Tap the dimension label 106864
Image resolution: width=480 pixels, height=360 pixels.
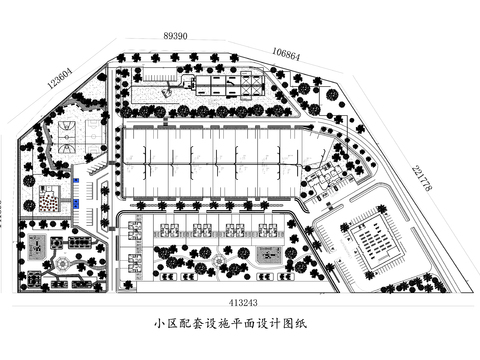click(x=286, y=54)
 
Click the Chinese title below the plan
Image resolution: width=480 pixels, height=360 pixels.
click(x=237, y=324)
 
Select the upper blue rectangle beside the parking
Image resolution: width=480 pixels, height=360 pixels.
click(x=76, y=182)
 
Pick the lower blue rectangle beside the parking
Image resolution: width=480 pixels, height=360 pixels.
click(x=75, y=201)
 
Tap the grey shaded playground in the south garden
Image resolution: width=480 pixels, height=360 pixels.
click(x=268, y=254)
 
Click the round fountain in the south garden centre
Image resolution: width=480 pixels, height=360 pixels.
click(x=219, y=262)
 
